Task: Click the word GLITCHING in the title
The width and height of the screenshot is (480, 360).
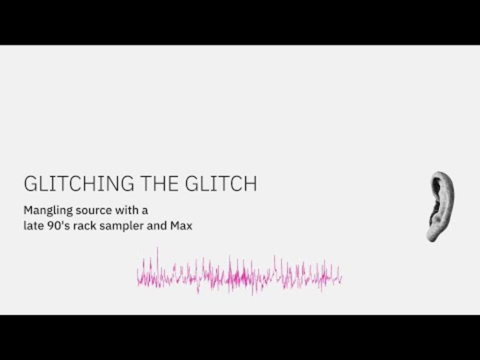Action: point(79,184)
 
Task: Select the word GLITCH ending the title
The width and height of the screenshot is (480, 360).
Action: point(221,184)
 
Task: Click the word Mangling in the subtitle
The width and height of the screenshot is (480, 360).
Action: point(48,211)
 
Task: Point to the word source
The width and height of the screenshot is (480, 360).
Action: point(94,211)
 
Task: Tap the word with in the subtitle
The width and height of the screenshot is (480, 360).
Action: point(126,210)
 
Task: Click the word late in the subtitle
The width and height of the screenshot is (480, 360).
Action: point(34,226)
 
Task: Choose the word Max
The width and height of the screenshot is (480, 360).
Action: point(181,226)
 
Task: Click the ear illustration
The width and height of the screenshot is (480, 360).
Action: point(441,207)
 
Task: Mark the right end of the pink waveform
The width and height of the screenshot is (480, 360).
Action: point(342,277)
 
